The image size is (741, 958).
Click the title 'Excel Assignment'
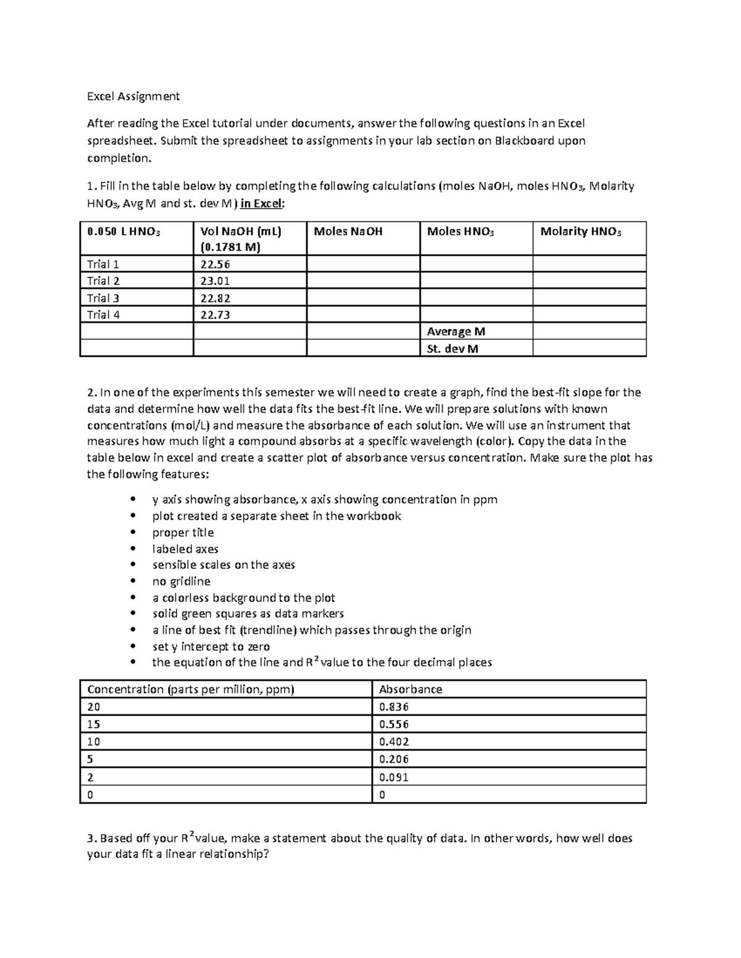pyautogui.click(x=133, y=96)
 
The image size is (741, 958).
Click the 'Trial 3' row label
pyautogui.click(x=103, y=298)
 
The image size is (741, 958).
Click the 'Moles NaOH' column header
pyautogui.click(x=348, y=231)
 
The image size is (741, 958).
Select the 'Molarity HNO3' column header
pyautogui.click(x=580, y=232)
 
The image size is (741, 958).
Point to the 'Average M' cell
pyautogui.click(x=456, y=332)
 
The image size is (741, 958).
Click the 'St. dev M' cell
pyautogui.click(x=453, y=349)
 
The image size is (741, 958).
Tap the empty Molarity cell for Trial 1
pyautogui.click(x=589, y=265)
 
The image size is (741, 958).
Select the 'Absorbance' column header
pyautogui.click(x=410, y=690)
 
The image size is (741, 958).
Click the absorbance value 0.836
pyautogui.click(x=394, y=707)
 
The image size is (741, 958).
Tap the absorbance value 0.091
pyautogui.click(x=394, y=777)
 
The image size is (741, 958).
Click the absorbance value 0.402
pyautogui.click(x=394, y=742)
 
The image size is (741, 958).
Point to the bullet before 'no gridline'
pyautogui.click(x=132, y=582)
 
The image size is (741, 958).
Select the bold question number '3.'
pyautogui.click(x=92, y=839)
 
